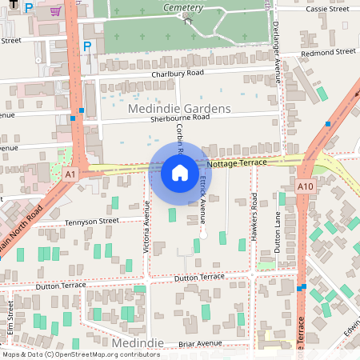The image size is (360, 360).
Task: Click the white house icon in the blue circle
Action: (x=180, y=172)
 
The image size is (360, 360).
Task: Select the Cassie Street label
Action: (x=327, y=8)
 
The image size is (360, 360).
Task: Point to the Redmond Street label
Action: (x=328, y=51)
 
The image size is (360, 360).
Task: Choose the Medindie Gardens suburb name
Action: (x=179, y=108)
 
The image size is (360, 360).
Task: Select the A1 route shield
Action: (x=71, y=174)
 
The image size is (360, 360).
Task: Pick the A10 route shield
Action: (x=304, y=186)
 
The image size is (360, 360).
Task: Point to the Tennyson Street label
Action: (x=91, y=221)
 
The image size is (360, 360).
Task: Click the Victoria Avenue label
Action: (x=146, y=227)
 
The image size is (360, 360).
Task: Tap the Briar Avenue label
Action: (x=199, y=344)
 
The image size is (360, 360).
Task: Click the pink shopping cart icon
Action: (x=55, y=11)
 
